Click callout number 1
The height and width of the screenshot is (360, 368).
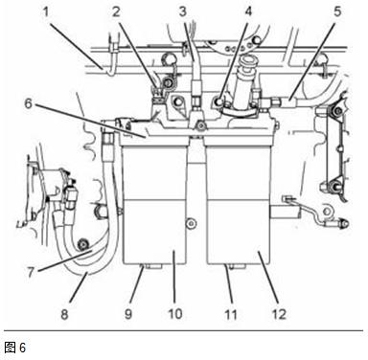click(46, 12)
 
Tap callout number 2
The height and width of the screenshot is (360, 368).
click(116, 11)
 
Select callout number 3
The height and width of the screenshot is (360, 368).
click(182, 11)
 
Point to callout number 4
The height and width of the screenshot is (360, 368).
click(248, 11)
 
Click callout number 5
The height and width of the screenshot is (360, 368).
click(337, 11)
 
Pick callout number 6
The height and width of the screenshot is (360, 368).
click(29, 103)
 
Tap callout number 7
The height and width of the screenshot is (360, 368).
click(31, 272)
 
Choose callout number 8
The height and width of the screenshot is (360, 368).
click(64, 314)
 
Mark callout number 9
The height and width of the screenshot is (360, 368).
click(128, 314)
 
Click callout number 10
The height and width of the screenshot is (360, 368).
click(174, 314)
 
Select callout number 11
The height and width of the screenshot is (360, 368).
click(231, 314)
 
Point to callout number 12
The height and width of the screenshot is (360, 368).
click(279, 314)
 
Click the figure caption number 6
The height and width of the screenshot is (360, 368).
click(22, 348)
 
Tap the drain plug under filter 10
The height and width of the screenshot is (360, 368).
click(151, 266)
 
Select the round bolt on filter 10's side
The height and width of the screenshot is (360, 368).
click(192, 223)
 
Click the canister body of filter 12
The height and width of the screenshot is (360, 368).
click(239, 204)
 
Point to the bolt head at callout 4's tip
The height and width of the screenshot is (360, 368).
click(218, 102)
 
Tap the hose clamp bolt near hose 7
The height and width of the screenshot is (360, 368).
click(83, 244)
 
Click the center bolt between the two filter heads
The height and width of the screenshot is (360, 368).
click(200, 126)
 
